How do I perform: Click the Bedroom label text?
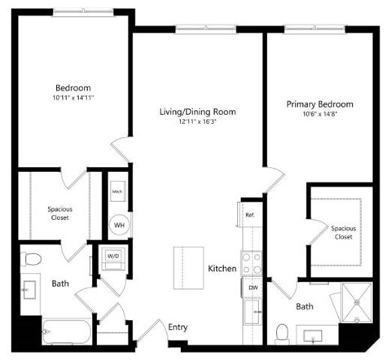[72, 88]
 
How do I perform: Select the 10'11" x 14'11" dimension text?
[72, 98]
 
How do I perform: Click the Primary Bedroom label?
[319, 104]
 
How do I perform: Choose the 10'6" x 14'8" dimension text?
[319, 114]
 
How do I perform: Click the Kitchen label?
[222, 268]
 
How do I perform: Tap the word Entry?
[178, 327]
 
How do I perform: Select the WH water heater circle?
[119, 225]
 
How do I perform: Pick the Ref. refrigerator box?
[251, 215]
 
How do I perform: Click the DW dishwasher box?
[253, 288]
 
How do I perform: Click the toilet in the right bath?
[283, 333]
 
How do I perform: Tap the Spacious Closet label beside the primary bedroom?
[343, 232]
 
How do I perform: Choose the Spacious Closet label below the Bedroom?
[59, 213]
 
